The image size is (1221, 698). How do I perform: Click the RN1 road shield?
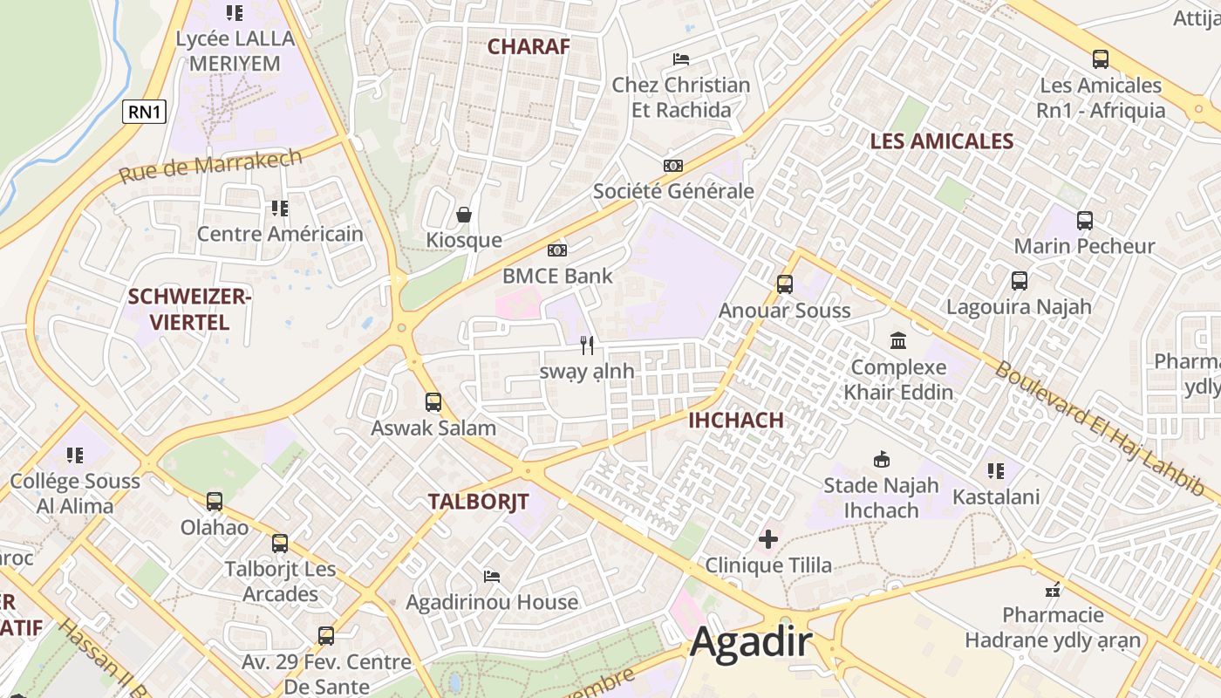144,111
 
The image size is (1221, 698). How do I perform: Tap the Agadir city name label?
751,643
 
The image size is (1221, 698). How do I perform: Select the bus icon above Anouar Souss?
784,284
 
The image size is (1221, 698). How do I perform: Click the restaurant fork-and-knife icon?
587,346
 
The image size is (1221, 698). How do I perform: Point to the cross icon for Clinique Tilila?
767,539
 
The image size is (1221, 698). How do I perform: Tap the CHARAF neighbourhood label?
528,46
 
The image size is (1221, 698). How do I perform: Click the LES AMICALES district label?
941,141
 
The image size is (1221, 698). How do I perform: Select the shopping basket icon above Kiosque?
464,214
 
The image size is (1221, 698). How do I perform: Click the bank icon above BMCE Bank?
557,250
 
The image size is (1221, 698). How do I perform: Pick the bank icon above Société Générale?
672,166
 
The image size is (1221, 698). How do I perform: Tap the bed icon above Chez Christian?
681,59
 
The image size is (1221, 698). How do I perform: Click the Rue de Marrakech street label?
210,165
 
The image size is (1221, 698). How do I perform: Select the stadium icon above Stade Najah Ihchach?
881,459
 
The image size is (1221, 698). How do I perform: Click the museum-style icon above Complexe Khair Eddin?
898,340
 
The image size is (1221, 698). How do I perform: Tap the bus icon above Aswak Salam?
433,402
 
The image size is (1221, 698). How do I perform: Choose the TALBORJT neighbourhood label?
478,502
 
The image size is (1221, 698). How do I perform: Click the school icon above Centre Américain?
279,208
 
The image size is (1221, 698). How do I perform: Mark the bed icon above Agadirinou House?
492,576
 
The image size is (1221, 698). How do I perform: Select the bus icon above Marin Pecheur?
1084,221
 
